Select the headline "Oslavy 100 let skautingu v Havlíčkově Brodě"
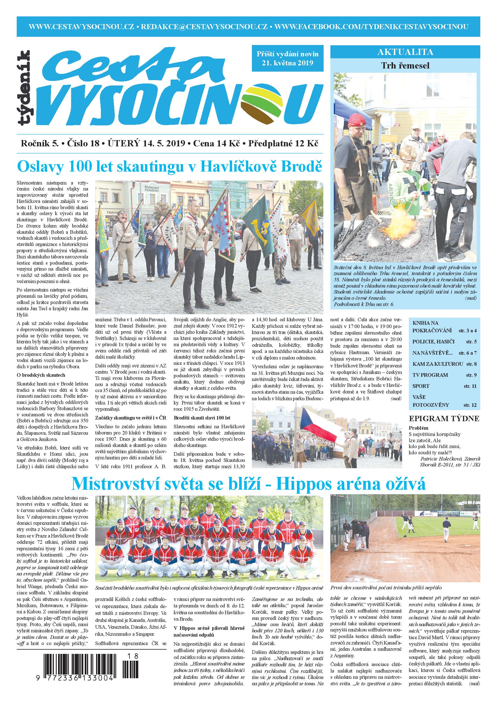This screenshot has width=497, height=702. click(170, 166)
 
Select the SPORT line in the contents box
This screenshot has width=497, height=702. click(420, 386)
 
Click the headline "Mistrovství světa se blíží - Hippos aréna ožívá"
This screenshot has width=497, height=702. click(248, 484)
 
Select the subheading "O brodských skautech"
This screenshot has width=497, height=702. click(41, 375)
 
